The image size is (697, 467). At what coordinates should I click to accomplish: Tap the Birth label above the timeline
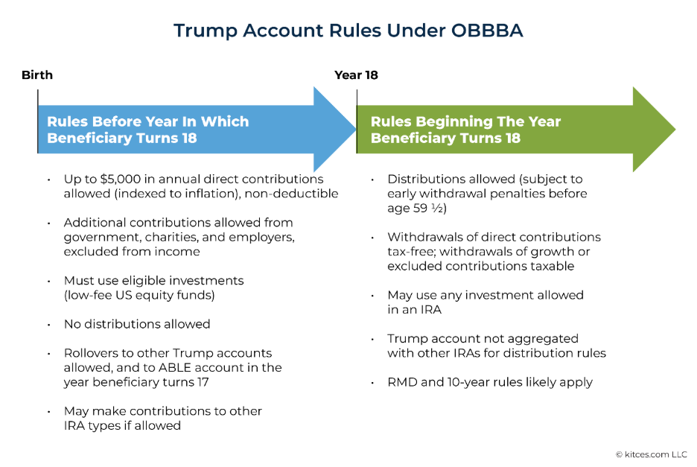[37, 75]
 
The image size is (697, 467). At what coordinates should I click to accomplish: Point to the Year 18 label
[357, 75]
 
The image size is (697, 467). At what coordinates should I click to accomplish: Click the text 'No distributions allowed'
[137, 324]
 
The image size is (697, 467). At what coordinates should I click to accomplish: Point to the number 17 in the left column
[201, 382]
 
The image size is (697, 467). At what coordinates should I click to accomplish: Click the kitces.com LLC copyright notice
[651, 454]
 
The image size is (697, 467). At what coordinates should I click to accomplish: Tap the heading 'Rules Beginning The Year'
[465, 121]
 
